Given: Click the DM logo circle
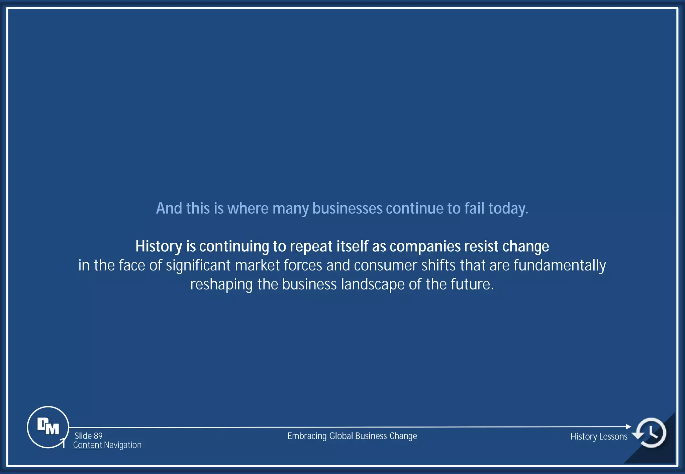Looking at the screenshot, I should point(48,427).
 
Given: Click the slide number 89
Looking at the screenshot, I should point(98,436).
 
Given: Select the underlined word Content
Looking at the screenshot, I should point(87,445).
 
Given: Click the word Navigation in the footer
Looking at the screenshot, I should point(123,445).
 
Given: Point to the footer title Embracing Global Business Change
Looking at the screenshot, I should point(352,436).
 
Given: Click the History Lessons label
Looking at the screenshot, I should point(599,437).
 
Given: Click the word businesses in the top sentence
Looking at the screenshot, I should point(347,208).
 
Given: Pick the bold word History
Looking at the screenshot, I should point(159,247).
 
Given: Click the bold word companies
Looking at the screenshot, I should point(425,247).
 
